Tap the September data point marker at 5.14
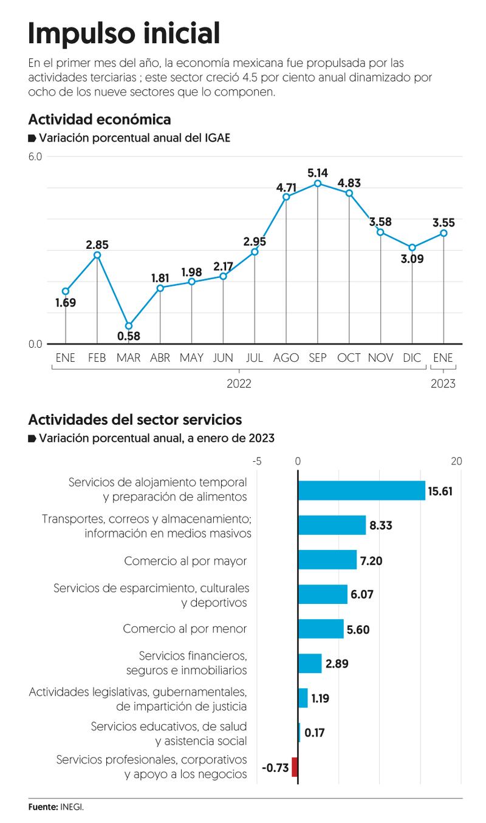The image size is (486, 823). [318, 183]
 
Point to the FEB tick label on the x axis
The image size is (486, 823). [97, 358]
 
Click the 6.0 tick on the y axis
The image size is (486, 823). [35, 157]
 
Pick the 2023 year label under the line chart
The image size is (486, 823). [443, 384]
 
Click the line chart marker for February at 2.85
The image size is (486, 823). [97, 255]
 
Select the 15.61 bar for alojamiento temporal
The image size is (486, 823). [361, 490]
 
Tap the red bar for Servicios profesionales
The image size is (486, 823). [295, 767]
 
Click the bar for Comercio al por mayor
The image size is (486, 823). [327, 560]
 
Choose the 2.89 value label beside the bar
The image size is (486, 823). [337, 663]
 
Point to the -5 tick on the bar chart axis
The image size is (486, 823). [257, 461]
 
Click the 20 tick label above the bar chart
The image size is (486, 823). [456, 461]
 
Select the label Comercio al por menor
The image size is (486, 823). [185, 628]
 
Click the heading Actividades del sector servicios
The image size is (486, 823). [135, 419]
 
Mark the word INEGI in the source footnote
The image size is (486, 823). [72, 807]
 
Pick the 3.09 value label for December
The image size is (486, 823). [412, 259]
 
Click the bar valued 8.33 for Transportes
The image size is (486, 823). [332, 525]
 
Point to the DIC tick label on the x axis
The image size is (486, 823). [412, 358]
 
